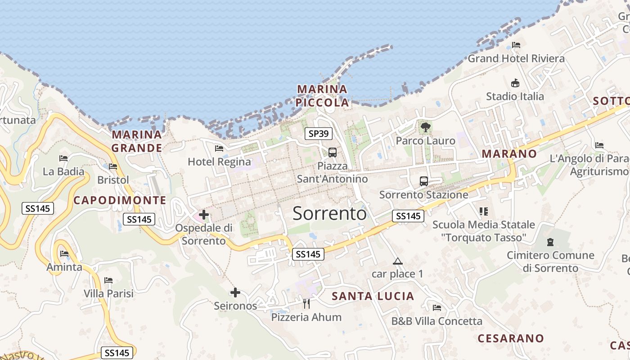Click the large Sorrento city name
pyautogui.click(x=329, y=213)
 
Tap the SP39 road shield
pyautogui.click(x=319, y=133)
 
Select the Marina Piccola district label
pyautogui.click(x=322, y=96)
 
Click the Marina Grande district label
pyautogui.click(x=137, y=141)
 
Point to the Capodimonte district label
pyautogui.click(x=120, y=200)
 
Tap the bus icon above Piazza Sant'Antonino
pyautogui.click(x=333, y=152)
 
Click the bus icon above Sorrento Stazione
pyautogui.click(x=423, y=181)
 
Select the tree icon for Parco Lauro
pyautogui.click(x=425, y=127)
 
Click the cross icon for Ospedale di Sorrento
pyautogui.click(x=204, y=215)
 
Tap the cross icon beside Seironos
pyautogui.click(x=235, y=292)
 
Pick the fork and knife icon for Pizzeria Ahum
pyautogui.click(x=306, y=304)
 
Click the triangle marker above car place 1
pyautogui.click(x=397, y=261)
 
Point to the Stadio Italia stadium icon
pyautogui.click(x=515, y=83)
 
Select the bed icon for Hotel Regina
pyautogui.click(x=219, y=148)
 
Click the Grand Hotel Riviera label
pyautogui.click(x=516, y=58)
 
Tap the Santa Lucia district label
pyautogui.click(x=373, y=296)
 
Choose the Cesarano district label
pyautogui.click(x=511, y=338)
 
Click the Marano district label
pyautogui.click(x=509, y=154)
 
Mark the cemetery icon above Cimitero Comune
pyautogui.click(x=550, y=242)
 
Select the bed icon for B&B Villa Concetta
pyautogui.click(x=436, y=308)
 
